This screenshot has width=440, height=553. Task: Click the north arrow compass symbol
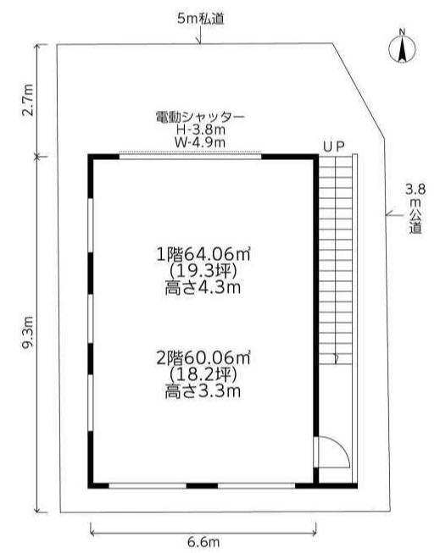(402, 48)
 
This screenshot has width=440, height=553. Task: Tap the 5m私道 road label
(201, 19)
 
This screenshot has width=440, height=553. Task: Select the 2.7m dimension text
(27, 100)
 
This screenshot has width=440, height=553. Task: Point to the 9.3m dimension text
(27, 332)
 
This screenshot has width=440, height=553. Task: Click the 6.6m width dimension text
(203, 542)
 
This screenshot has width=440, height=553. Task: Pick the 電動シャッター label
(200, 117)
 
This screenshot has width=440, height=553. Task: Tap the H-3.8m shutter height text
(201, 130)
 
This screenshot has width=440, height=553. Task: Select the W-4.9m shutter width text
(200, 142)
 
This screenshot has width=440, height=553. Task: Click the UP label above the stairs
(334, 147)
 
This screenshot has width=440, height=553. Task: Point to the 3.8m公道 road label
(415, 209)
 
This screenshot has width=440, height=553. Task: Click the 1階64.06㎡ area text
(203, 254)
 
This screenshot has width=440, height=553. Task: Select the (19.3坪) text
(203, 271)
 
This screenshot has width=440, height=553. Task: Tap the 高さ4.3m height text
(203, 288)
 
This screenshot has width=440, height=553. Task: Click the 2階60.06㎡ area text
(203, 357)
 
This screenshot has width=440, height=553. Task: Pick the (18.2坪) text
(203, 374)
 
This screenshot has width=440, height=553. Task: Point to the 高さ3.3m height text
(203, 391)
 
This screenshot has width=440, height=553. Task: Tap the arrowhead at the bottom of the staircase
(336, 360)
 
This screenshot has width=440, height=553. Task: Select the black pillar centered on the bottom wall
(202, 486)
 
